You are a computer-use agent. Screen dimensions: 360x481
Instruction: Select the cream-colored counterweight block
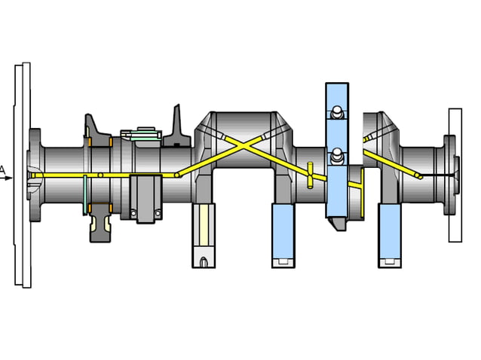click(x=204, y=233)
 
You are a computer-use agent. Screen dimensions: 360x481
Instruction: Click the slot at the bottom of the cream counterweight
click(x=204, y=262)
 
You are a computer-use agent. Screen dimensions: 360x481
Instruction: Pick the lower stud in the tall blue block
click(x=335, y=157)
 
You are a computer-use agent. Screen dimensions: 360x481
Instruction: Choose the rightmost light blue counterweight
click(x=390, y=233)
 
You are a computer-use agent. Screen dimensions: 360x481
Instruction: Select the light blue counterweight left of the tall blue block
click(x=283, y=233)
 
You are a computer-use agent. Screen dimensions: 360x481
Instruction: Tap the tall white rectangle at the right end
click(x=455, y=175)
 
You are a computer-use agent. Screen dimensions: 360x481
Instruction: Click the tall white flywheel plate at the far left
click(x=23, y=175)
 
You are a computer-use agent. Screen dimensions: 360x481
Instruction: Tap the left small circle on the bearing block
click(x=134, y=215)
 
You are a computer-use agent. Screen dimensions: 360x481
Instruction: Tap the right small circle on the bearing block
click(x=157, y=215)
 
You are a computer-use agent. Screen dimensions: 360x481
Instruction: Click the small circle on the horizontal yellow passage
click(x=100, y=175)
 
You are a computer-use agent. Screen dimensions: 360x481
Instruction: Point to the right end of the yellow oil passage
click(x=420, y=176)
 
